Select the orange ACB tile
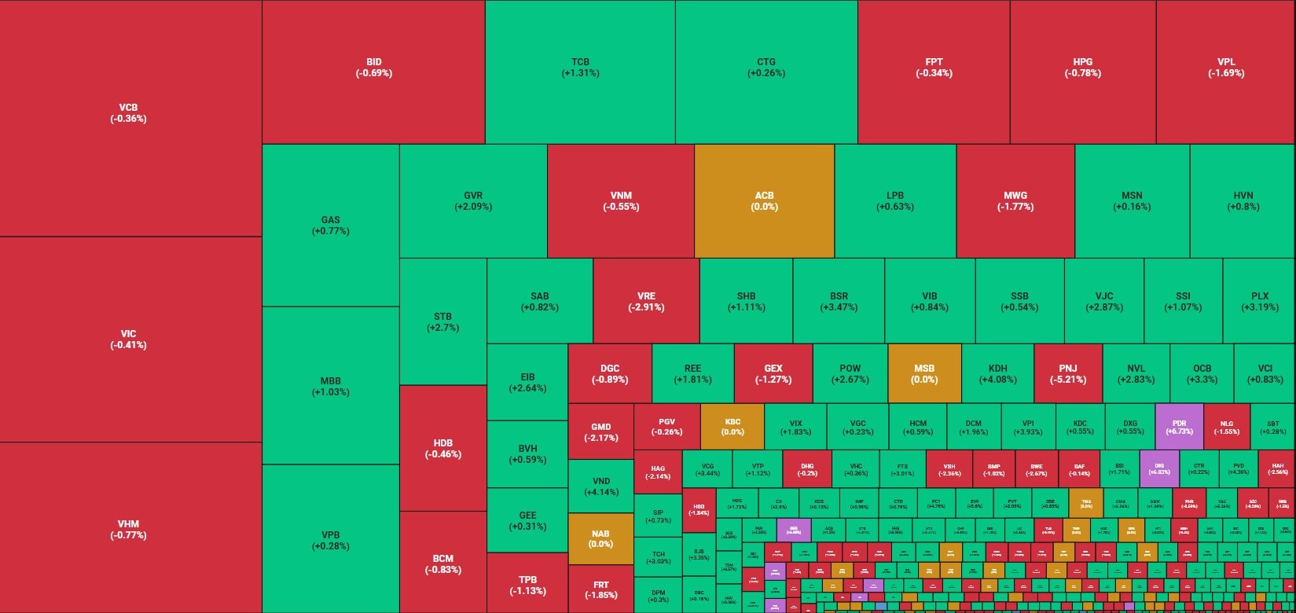(x=764, y=201)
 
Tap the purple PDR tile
(x=1179, y=427)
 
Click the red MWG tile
(x=1015, y=201)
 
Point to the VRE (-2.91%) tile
(x=646, y=302)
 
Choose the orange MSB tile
(x=924, y=373)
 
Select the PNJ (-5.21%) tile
(x=1067, y=373)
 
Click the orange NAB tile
(x=600, y=538)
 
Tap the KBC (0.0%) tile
(x=732, y=427)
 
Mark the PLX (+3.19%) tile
(x=1259, y=302)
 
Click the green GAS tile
(x=330, y=226)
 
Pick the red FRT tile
(x=600, y=589)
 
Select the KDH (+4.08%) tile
(x=997, y=373)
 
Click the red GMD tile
(x=600, y=431)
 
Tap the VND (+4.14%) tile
(x=600, y=486)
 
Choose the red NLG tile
(x=1226, y=427)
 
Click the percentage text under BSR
(x=839, y=307)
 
